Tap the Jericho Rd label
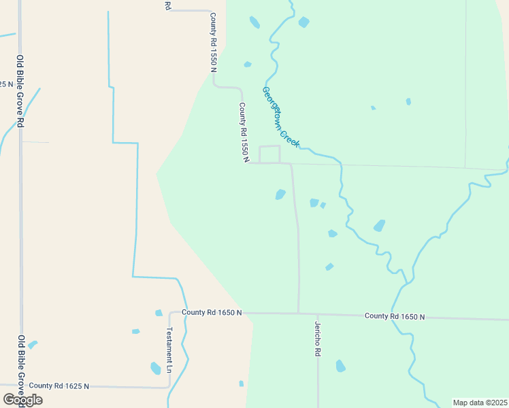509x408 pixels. [317, 339]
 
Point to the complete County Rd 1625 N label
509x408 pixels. [59, 386]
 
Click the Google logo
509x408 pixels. [22, 400]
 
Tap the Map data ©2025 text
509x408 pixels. [479, 403]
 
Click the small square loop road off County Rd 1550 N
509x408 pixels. [269, 154]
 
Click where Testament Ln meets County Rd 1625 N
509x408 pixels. [169, 388]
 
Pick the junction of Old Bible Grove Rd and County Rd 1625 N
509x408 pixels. [21, 386]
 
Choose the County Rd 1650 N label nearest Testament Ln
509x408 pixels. [212, 312]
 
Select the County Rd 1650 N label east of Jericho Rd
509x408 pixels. [394, 316]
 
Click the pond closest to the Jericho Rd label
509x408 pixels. [340, 366]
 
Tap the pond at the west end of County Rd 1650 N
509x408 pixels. [159, 313]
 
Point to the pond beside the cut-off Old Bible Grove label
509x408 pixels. [32, 345]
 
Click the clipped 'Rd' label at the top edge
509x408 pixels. [167, 5]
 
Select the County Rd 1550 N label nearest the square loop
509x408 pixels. [243, 132]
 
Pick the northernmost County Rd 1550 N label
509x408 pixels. [213, 42]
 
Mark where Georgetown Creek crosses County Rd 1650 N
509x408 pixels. [394, 316]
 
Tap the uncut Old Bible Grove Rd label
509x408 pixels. [21, 91]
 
